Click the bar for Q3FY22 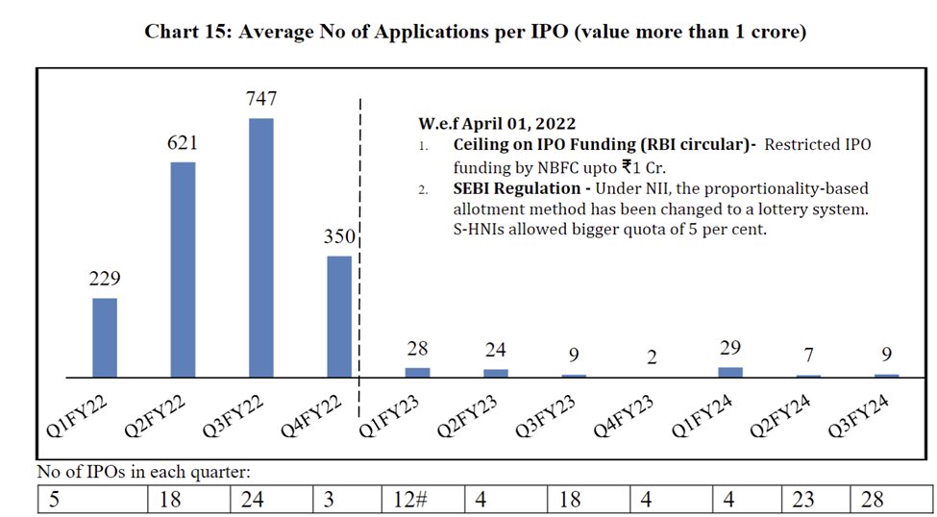click(260, 247)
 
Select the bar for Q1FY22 click(105, 337)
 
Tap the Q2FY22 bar click(183, 269)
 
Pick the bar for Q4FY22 click(339, 316)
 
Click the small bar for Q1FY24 click(730, 372)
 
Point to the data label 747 click(260, 99)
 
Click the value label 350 click(339, 236)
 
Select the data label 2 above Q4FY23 click(653, 357)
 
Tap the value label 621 click(183, 143)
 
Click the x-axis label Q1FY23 click(390, 419)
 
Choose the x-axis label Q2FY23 click(468, 419)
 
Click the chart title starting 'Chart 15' click(475, 32)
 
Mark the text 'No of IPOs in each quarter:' click(142, 473)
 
